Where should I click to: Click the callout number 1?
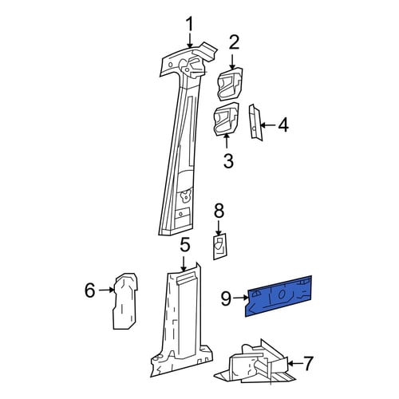190,26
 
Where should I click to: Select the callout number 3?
228,160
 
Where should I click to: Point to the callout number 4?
282,124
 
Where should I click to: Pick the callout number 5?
185,245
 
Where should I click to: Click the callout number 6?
89,290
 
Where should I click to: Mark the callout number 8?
219,211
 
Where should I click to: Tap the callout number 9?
227,298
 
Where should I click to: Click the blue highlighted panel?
279,296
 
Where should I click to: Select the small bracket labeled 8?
219,247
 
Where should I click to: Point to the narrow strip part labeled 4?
255,122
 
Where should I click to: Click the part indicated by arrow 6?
125,301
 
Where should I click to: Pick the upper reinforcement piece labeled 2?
231,84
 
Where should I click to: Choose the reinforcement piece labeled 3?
227,119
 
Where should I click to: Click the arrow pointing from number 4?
268,125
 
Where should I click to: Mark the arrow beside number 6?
106,290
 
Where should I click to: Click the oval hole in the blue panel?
282,294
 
